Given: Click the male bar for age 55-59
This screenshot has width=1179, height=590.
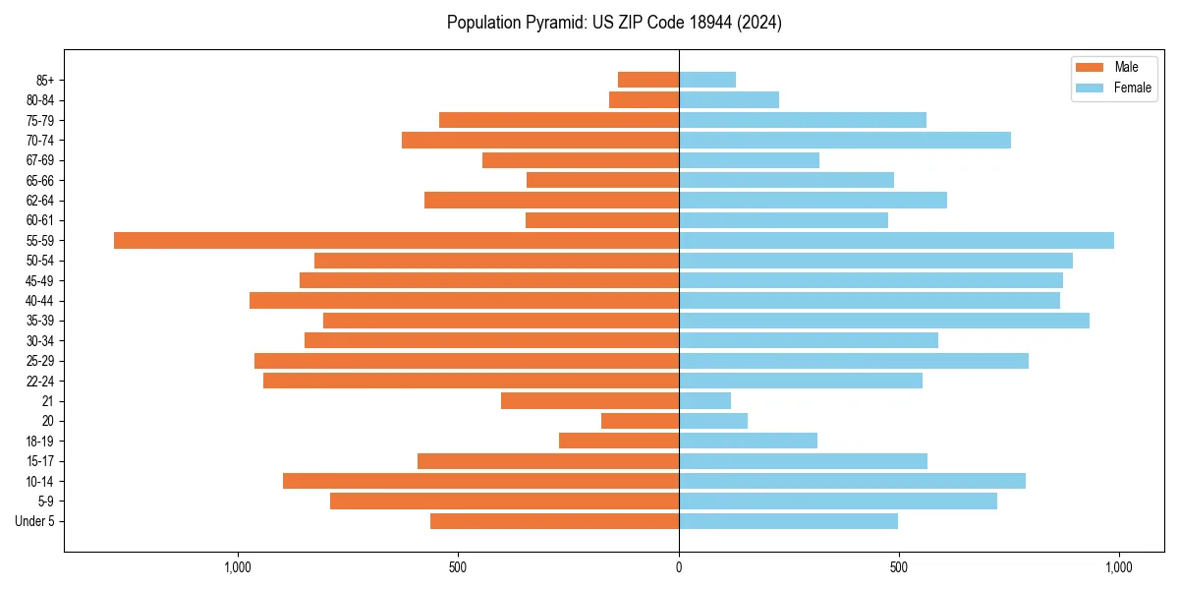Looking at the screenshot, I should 396,241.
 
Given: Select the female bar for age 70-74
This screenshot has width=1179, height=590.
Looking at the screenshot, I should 845,141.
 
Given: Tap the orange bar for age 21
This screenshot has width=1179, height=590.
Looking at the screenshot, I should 589,401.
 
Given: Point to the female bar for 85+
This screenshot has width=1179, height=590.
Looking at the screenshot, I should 707,81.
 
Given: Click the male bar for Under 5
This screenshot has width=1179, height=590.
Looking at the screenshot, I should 554,521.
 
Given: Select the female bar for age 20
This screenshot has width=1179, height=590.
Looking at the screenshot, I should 713,421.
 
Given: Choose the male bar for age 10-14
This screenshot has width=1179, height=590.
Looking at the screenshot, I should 480,481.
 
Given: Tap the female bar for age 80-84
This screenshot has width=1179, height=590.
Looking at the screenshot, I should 729,100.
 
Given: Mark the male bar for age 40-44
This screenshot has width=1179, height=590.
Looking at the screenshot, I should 464,301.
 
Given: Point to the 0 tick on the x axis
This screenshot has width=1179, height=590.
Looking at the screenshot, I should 679,567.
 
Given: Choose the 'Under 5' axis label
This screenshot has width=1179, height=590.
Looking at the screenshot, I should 34,521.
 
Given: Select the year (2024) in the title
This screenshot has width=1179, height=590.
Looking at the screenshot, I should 761,23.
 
